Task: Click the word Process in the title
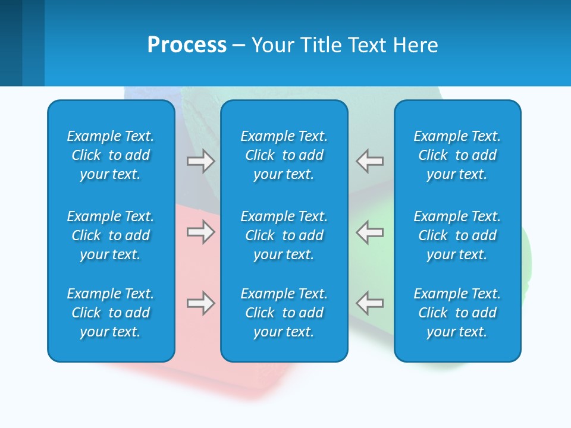click(187, 45)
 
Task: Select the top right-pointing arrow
click(200, 161)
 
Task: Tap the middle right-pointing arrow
click(200, 232)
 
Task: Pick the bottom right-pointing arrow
click(200, 303)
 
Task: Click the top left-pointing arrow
click(369, 161)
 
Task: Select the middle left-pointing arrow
click(369, 232)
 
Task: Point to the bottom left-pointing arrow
click(369, 303)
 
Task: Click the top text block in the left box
click(111, 155)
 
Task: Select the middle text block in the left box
click(111, 235)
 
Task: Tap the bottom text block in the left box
click(111, 313)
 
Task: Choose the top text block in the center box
click(284, 155)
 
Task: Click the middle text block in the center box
click(284, 235)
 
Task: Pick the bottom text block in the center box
click(284, 313)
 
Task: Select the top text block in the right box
click(457, 155)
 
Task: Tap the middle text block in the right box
click(457, 235)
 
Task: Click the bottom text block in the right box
click(457, 313)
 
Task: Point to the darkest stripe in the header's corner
click(11, 43)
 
